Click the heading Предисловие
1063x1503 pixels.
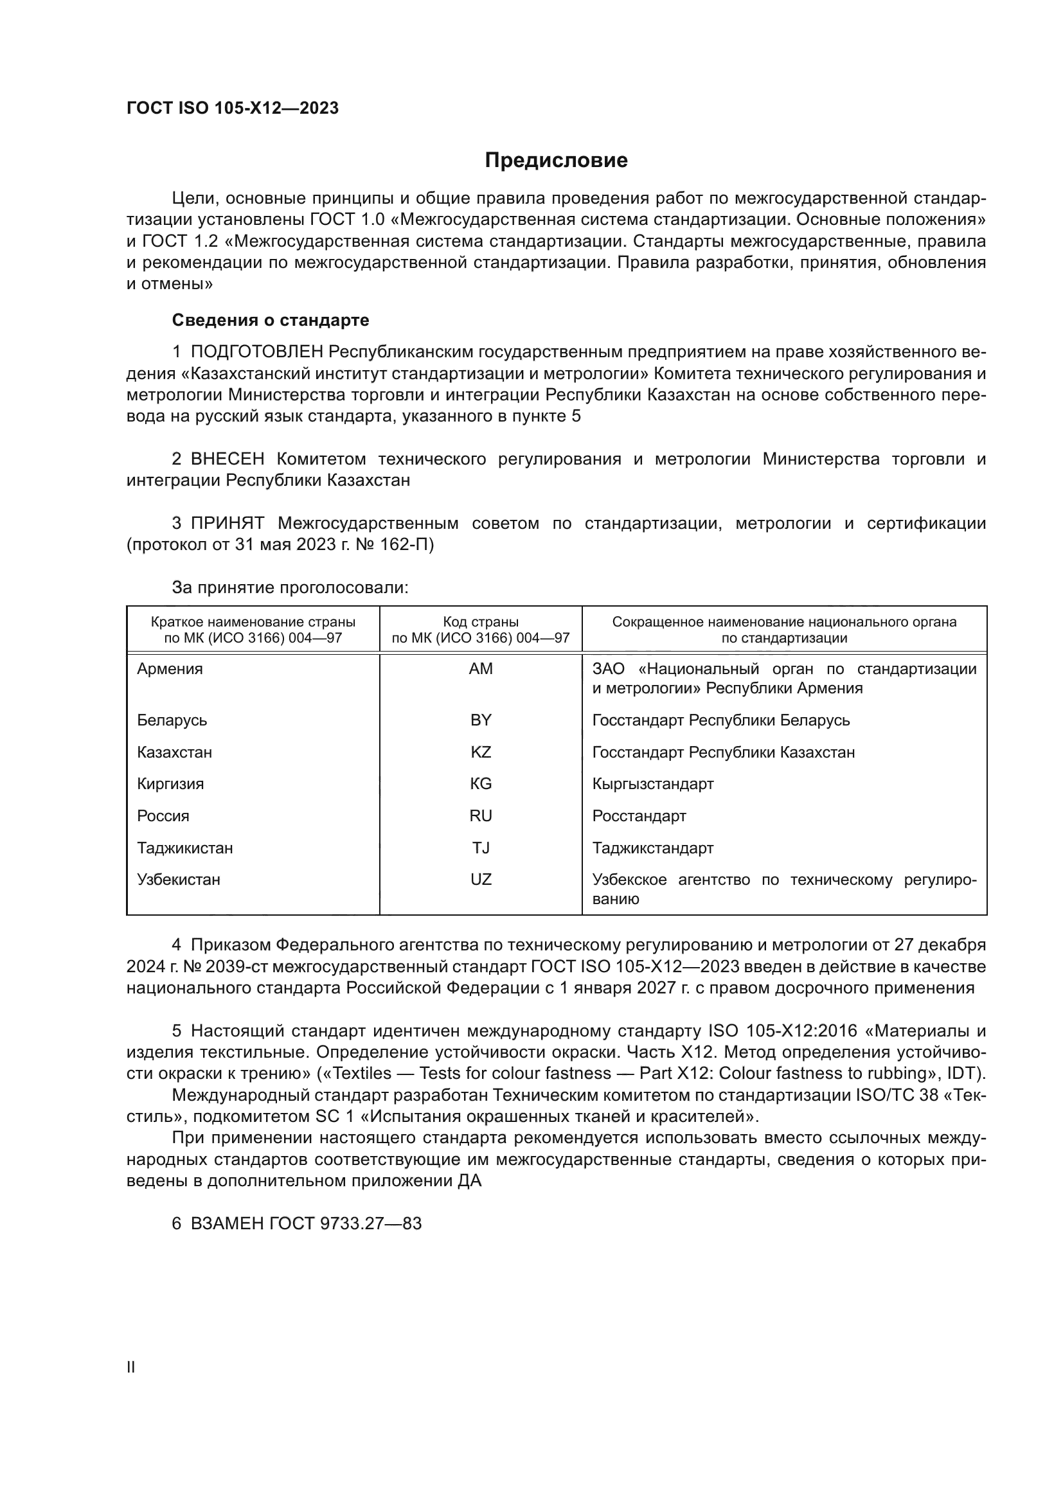click(x=556, y=161)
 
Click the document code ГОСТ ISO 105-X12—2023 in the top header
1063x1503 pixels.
click(x=233, y=108)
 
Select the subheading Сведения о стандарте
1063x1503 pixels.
click(x=271, y=320)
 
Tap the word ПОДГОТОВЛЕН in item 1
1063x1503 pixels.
click(x=257, y=352)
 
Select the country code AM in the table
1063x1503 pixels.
click(x=481, y=669)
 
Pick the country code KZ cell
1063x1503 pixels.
click(x=481, y=752)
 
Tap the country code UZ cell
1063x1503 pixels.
click(x=481, y=880)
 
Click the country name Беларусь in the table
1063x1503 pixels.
click(x=172, y=720)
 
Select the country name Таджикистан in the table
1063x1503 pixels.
click(x=184, y=848)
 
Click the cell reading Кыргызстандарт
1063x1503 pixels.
click(x=652, y=784)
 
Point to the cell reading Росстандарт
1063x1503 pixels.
click(x=639, y=816)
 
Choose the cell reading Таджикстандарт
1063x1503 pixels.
click(x=652, y=848)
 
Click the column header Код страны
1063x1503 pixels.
click(x=481, y=622)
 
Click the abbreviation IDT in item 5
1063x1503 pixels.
click(x=964, y=1074)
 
